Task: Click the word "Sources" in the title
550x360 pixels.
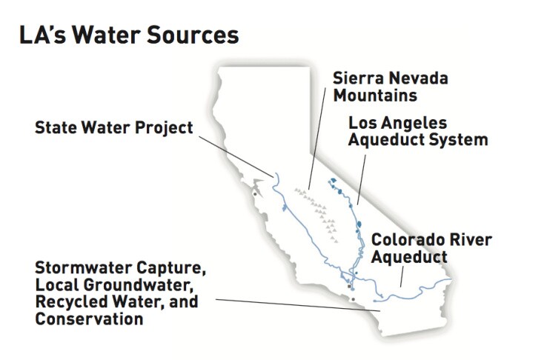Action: coord(193,35)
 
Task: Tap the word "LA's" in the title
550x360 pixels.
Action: coord(42,35)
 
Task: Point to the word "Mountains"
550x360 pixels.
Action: coord(375,96)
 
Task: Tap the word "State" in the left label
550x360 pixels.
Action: coord(56,127)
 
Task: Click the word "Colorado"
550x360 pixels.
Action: coord(405,240)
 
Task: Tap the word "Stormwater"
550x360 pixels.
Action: coord(84,268)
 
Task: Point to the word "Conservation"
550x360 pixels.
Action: coord(89,319)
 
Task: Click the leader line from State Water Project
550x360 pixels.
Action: coord(236,156)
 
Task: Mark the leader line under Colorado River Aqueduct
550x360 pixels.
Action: coord(402,276)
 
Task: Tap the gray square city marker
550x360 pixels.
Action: coord(349,287)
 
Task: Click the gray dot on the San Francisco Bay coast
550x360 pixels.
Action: coord(255,194)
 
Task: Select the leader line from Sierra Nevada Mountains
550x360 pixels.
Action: coord(317,139)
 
